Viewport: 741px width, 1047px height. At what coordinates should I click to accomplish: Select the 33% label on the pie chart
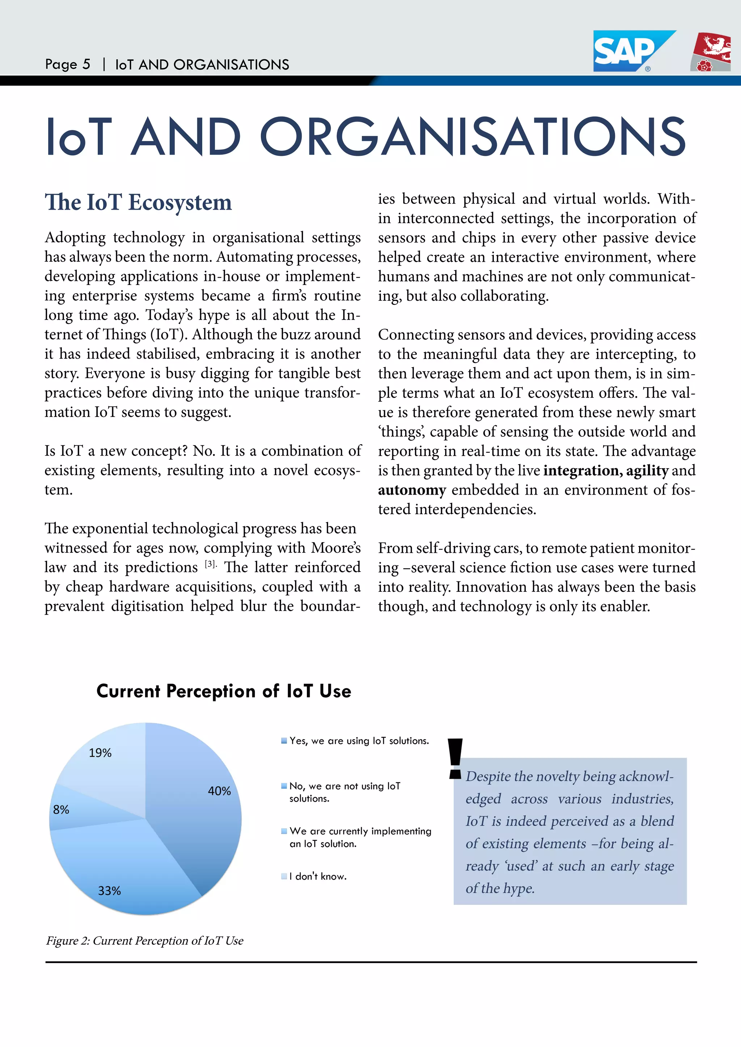[110, 890]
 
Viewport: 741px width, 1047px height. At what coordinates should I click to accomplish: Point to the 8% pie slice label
[61, 809]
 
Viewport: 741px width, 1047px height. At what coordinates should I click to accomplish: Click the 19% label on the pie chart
[100, 753]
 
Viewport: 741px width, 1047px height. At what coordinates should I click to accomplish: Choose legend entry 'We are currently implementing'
[360, 831]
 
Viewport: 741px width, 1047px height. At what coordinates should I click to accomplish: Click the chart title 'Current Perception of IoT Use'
[224, 691]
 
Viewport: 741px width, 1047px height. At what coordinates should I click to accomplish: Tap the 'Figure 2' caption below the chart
[145, 941]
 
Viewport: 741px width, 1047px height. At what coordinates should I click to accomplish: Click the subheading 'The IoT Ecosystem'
[138, 202]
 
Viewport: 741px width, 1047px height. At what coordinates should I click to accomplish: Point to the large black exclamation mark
[455, 759]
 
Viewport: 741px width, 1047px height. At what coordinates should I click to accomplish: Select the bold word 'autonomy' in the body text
[411, 490]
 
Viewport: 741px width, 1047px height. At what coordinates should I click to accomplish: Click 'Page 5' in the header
[68, 64]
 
